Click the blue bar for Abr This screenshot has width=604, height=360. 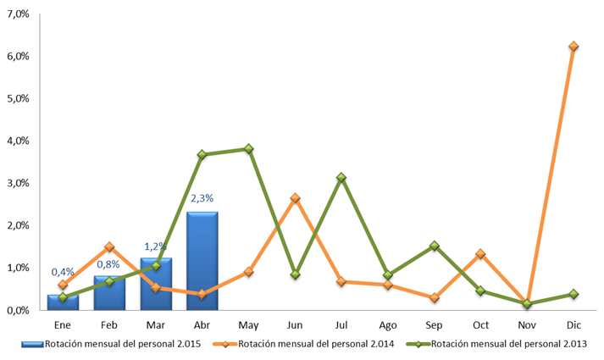[202, 261]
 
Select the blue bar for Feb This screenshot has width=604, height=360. [109, 292]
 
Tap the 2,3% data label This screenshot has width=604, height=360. [202, 198]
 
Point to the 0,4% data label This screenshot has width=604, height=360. [63, 272]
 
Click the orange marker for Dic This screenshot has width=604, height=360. [574, 47]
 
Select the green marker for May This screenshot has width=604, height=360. [249, 148]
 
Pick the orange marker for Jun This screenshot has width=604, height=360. [295, 198]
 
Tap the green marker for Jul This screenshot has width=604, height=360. [341, 178]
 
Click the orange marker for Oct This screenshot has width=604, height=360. [480, 254]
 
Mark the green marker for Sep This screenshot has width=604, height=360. [434, 246]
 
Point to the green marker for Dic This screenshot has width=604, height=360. [574, 294]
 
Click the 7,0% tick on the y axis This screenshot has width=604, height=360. [18, 14]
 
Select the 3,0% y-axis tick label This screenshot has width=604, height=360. [18, 183]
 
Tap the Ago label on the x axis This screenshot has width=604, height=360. [387, 325]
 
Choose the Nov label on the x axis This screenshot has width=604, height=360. [527, 325]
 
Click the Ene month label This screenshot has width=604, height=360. [63, 325]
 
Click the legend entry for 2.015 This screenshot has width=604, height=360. [111, 344]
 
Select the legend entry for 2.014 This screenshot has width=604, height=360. [303, 344]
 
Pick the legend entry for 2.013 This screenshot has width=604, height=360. [497, 344]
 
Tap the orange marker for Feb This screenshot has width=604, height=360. [109, 246]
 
